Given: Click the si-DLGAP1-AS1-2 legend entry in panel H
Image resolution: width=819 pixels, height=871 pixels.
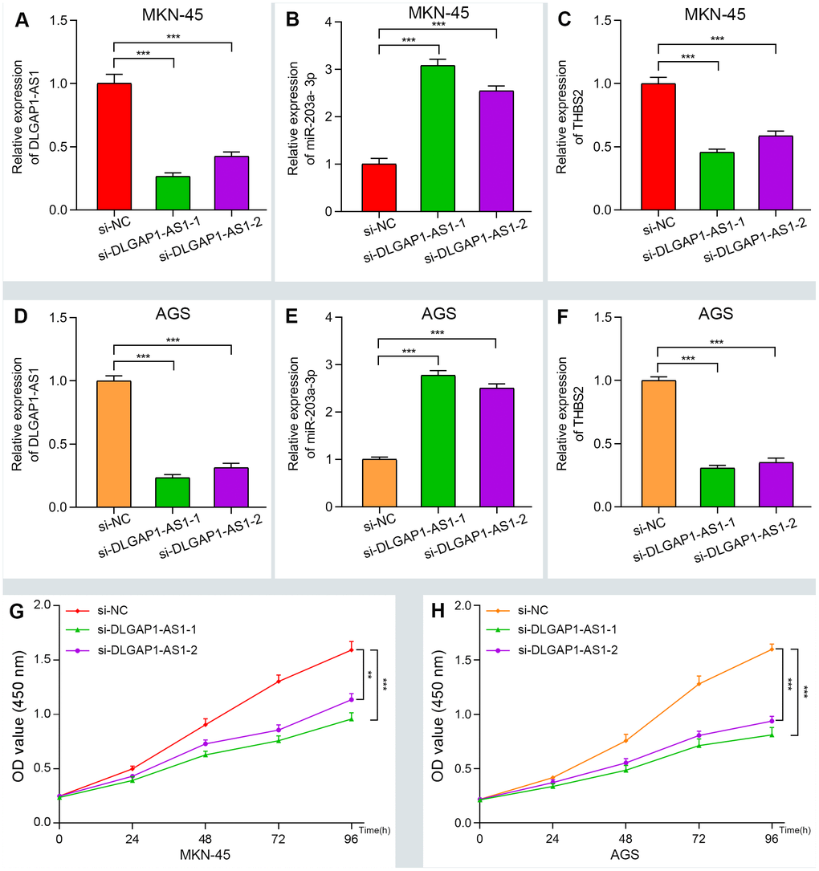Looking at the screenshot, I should click(x=563, y=648).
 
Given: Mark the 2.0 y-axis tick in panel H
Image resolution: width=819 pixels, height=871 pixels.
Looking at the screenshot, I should click(x=467, y=605).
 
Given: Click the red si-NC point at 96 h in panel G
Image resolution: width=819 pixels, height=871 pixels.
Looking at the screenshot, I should click(x=351, y=649).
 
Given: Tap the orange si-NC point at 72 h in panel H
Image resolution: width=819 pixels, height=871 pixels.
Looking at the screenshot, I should click(x=699, y=683).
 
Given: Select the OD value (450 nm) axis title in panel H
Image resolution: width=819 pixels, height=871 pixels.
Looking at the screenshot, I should click(x=438, y=713).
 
